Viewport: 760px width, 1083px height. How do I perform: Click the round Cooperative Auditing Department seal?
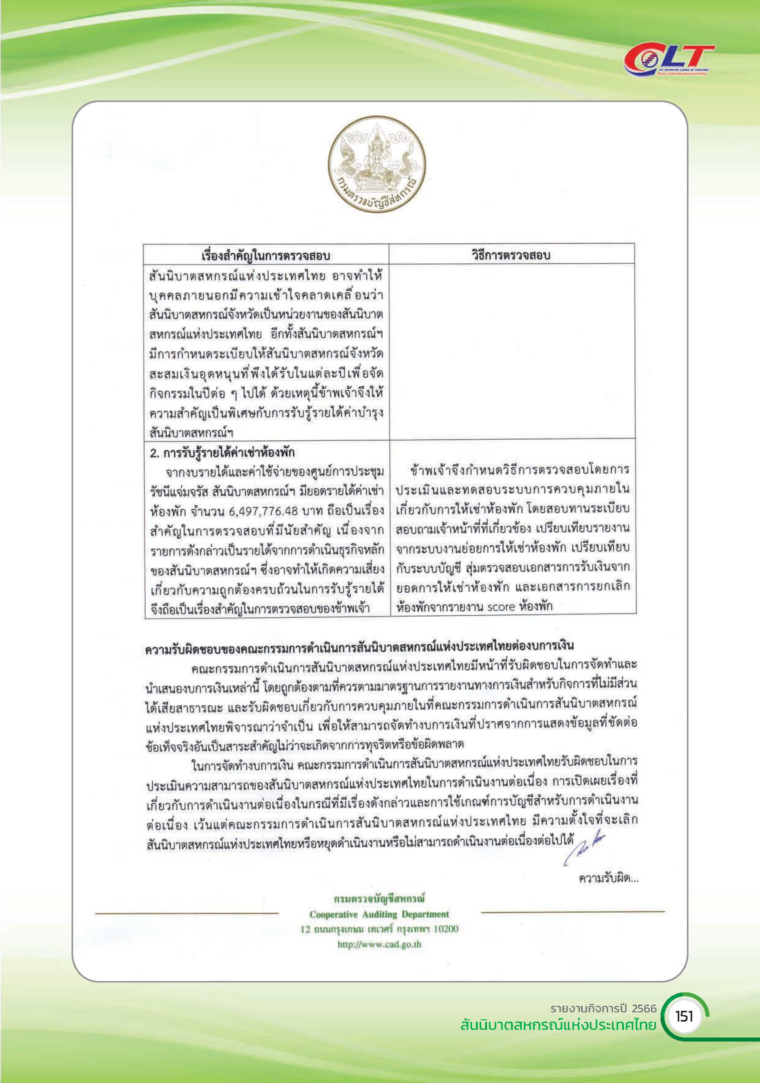[x=377, y=165]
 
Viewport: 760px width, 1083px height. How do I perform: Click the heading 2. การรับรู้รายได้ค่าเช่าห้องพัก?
[x=222, y=453]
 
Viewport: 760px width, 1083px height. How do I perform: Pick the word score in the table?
[x=501, y=606]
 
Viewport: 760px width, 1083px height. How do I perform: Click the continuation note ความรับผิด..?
[x=608, y=878]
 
